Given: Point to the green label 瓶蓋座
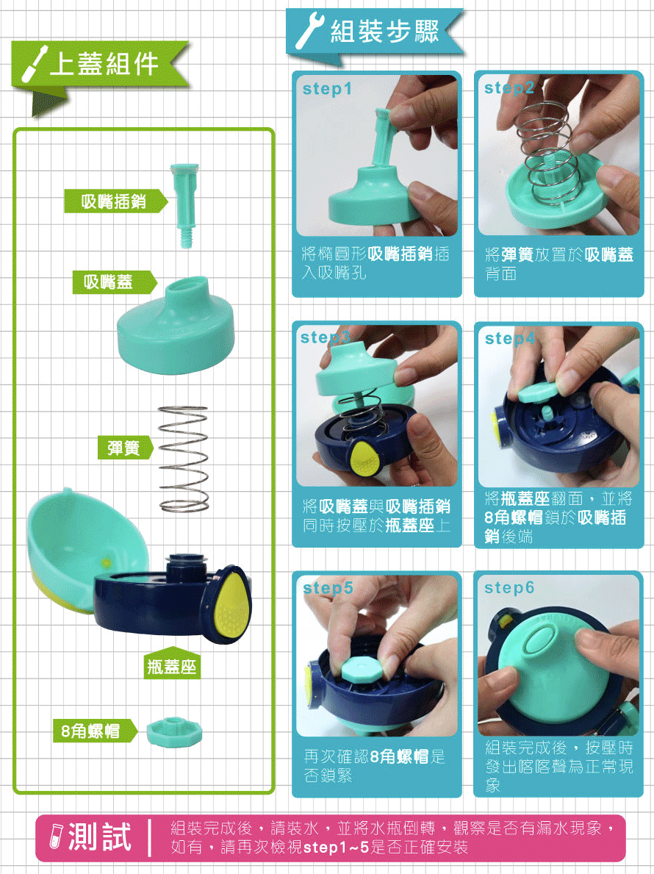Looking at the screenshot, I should click(172, 667).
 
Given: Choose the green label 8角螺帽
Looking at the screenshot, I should click(93, 731).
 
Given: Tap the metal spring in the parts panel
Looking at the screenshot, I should click(184, 458).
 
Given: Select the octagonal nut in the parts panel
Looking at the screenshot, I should click(173, 731).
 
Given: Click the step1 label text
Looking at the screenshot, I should click(327, 90).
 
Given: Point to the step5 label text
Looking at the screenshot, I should click(328, 588).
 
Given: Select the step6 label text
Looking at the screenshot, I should click(509, 588).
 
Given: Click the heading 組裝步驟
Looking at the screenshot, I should click(384, 32).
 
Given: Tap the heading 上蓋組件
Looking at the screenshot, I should click(104, 64).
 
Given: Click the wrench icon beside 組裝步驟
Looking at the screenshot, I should click(309, 32).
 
